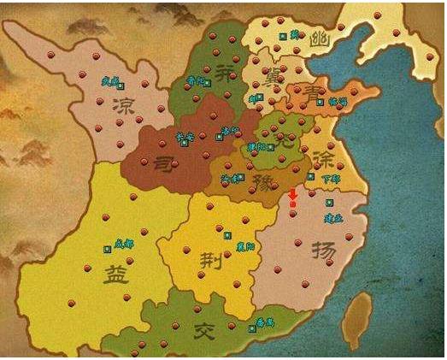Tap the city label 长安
pos(183,136)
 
